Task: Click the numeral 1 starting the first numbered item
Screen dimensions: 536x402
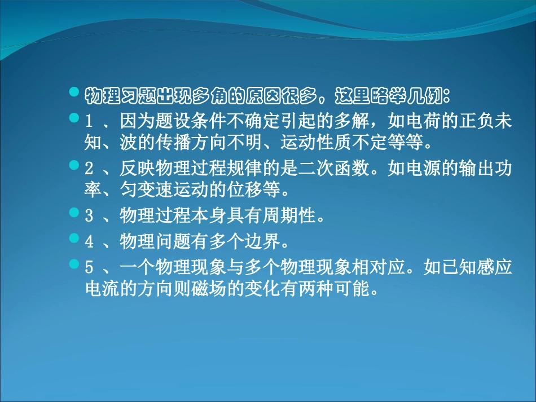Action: click(x=89, y=121)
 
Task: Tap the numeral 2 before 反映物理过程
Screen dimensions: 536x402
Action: click(x=89, y=169)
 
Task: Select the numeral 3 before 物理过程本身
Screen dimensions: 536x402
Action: click(x=89, y=216)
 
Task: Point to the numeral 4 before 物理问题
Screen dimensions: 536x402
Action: click(x=89, y=242)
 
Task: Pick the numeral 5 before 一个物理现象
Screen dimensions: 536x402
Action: click(x=89, y=267)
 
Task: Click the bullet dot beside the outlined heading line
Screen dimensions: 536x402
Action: click(x=74, y=91)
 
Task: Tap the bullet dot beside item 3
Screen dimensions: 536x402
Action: click(x=74, y=213)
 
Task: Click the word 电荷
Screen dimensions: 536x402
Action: click(x=424, y=121)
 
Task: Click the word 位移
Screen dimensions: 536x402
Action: click(x=244, y=189)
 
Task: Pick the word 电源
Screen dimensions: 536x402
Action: click(x=424, y=168)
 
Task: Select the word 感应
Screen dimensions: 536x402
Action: click(x=495, y=267)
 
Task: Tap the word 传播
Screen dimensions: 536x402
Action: click(x=173, y=142)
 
